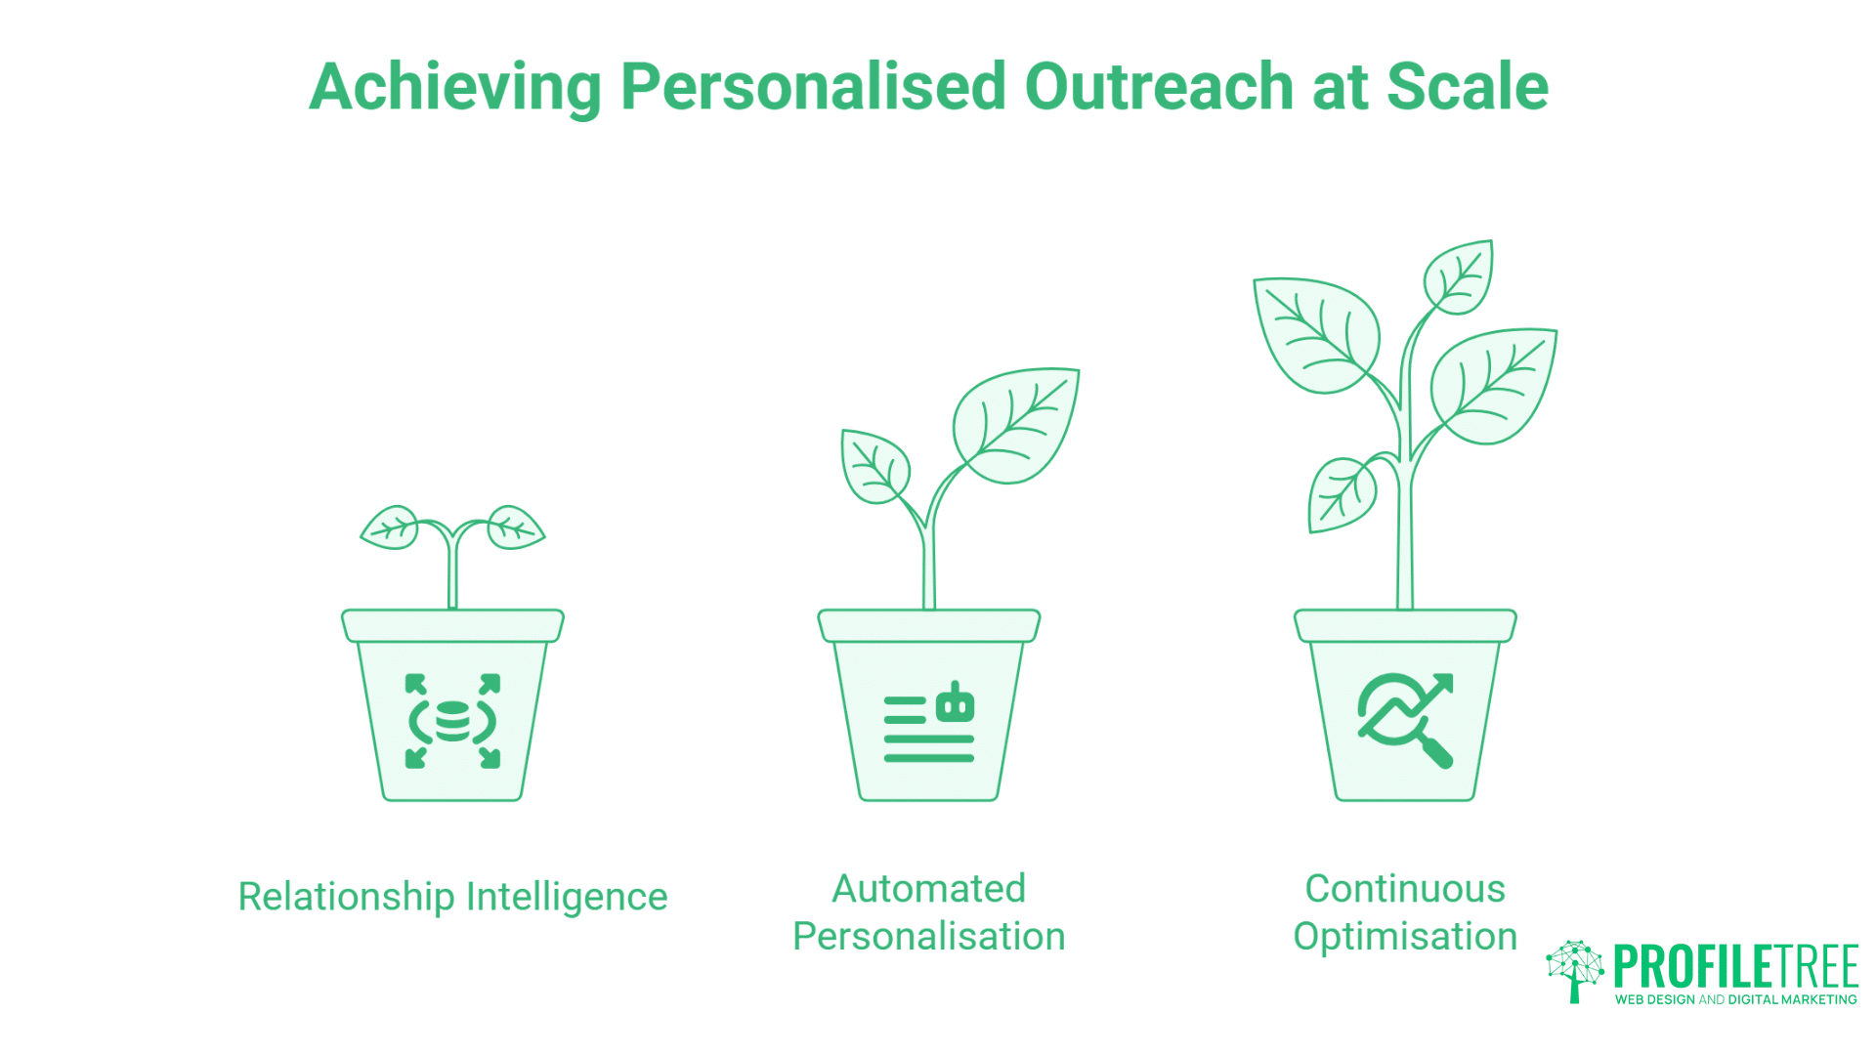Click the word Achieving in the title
pyautogui.click(x=454, y=87)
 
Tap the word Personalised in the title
pyautogui.click(x=813, y=87)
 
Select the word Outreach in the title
pyautogui.click(x=1158, y=87)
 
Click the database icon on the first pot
pyautogui.click(x=452, y=721)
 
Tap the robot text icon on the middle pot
pyautogui.click(x=929, y=723)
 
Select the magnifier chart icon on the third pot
pyautogui.click(x=1405, y=721)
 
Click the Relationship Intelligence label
pyautogui.click(x=452, y=897)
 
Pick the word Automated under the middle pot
pyautogui.click(x=928, y=889)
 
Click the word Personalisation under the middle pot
pyautogui.click(x=928, y=937)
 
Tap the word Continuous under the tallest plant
pyautogui.click(x=1405, y=889)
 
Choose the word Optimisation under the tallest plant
pyautogui.click(x=1405, y=937)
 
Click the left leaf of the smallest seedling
pyautogui.click(x=391, y=528)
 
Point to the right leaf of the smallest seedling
pyautogui.click(x=515, y=527)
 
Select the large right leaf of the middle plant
pyautogui.click(x=1018, y=424)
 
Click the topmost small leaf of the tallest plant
pyautogui.click(x=1458, y=277)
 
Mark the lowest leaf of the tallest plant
pyautogui.click(x=1341, y=494)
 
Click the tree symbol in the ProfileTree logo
pyautogui.click(x=1574, y=970)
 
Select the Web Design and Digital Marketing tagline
pyautogui.click(x=1735, y=999)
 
